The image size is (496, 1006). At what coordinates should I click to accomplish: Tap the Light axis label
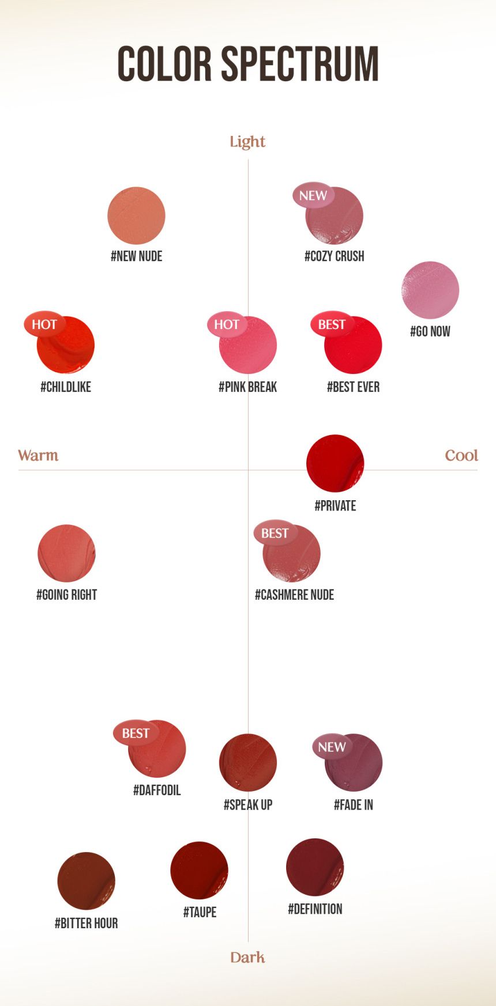coord(247,142)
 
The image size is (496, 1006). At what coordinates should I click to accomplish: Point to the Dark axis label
coord(247,957)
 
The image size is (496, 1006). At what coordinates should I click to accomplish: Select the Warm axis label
coord(38,456)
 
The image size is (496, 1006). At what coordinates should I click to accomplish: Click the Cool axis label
coord(461,456)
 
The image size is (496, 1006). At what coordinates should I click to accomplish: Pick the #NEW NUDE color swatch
coord(136,215)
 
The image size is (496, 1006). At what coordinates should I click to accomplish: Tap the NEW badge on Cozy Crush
coord(313,196)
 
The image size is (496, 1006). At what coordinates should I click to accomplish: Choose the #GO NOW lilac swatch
coord(430,290)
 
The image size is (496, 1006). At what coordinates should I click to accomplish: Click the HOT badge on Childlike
coord(44,324)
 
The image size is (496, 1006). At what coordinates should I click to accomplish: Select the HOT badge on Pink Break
coord(227,324)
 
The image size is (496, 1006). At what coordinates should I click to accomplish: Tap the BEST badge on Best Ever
coord(332,324)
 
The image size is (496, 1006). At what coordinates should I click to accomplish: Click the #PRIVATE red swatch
coord(335,463)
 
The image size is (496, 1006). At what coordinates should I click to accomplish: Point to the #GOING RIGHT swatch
coord(66,553)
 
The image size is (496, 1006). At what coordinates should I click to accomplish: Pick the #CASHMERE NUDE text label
coord(294,595)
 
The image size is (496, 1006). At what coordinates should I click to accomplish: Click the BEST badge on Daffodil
coord(136,733)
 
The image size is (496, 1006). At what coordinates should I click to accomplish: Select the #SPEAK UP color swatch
coord(248,762)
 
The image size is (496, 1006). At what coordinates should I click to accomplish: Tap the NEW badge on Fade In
coord(332,747)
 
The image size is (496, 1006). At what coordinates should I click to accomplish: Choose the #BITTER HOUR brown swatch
coord(86,881)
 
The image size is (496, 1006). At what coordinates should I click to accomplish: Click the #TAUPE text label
coord(200,912)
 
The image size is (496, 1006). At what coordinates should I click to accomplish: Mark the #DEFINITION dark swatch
coord(315,867)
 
